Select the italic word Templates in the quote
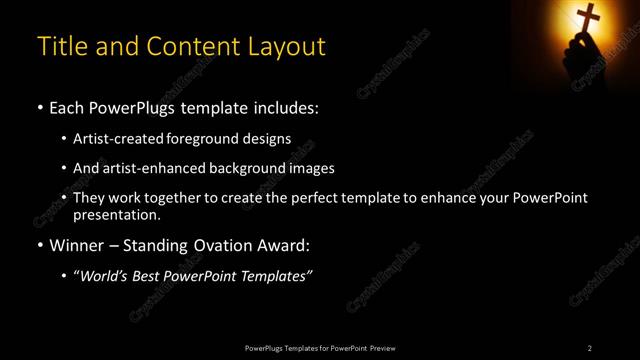pos(276,276)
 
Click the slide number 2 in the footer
pos(590,348)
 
